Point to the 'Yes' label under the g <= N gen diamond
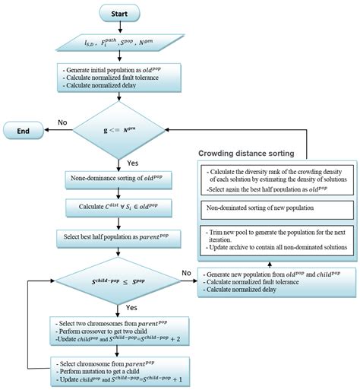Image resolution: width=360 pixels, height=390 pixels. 131,162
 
